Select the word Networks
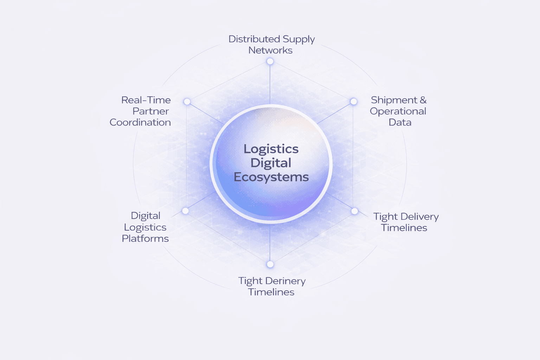(x=270, y=50)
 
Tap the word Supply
(x=298, y=39)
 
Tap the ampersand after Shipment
(x=423, y=100)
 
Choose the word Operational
(x=398, y=111)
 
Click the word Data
(x=400, y=122)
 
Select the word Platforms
(x=145, y=239)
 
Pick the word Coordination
(x=140, y=122)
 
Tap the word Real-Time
(x=146, y=100)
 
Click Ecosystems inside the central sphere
(x=271, y=177)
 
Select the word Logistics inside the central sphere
(x=271, y=149)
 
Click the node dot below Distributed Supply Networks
(x=270, y=62)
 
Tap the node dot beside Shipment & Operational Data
(x=354, y=102)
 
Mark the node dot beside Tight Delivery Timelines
(x=355, y=211)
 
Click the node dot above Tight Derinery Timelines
(x=270, y=264)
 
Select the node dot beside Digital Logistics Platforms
(x=186, y=211)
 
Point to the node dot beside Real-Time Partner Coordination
(x=187, y=102)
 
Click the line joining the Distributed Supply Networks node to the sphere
(x=270, y=84)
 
